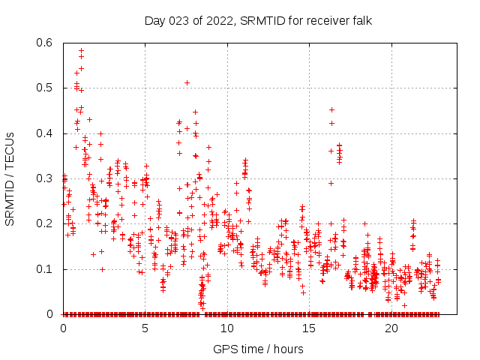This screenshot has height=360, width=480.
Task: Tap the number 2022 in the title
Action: click(218, 21)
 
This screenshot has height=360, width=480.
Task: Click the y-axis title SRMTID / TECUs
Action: click(10, 178)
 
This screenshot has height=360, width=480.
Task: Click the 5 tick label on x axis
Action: click(145, 328)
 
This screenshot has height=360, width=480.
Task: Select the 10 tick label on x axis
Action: click(227, 328)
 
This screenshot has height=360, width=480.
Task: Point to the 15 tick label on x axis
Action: click(310, 328)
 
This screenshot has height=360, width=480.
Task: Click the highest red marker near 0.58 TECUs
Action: click(81, 50)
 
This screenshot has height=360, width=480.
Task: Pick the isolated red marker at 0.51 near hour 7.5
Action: click(187, 82)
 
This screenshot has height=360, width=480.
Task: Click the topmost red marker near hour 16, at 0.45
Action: click(331, 109)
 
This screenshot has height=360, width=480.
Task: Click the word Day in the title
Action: click(154, 21)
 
